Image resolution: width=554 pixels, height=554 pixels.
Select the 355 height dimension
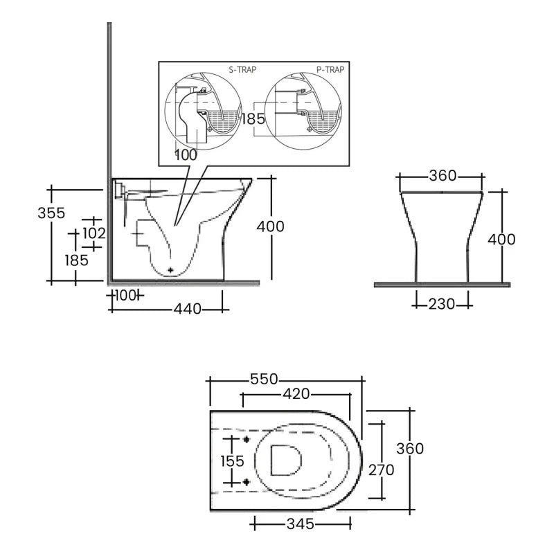coord(51,213)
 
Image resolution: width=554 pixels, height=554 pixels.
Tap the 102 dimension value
coord(93,233)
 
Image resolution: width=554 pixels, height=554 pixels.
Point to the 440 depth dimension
coord(187,309)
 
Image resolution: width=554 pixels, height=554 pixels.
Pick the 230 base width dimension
coord(442,303)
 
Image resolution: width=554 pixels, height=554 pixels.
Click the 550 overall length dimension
coord(263,379)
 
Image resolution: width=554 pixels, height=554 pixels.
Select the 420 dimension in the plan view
coord(296,395)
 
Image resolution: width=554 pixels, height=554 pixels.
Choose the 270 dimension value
coord(380,470)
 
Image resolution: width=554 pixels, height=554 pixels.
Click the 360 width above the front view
coord(442,176)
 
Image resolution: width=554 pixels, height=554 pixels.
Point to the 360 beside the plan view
coord(409,449)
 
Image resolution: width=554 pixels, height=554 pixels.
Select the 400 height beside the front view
coord(501,239)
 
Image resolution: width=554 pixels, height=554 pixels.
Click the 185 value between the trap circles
coord(252,118)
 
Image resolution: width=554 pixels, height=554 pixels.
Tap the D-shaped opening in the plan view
coord(285,460)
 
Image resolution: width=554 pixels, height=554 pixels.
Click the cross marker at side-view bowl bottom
coord(170,269)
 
